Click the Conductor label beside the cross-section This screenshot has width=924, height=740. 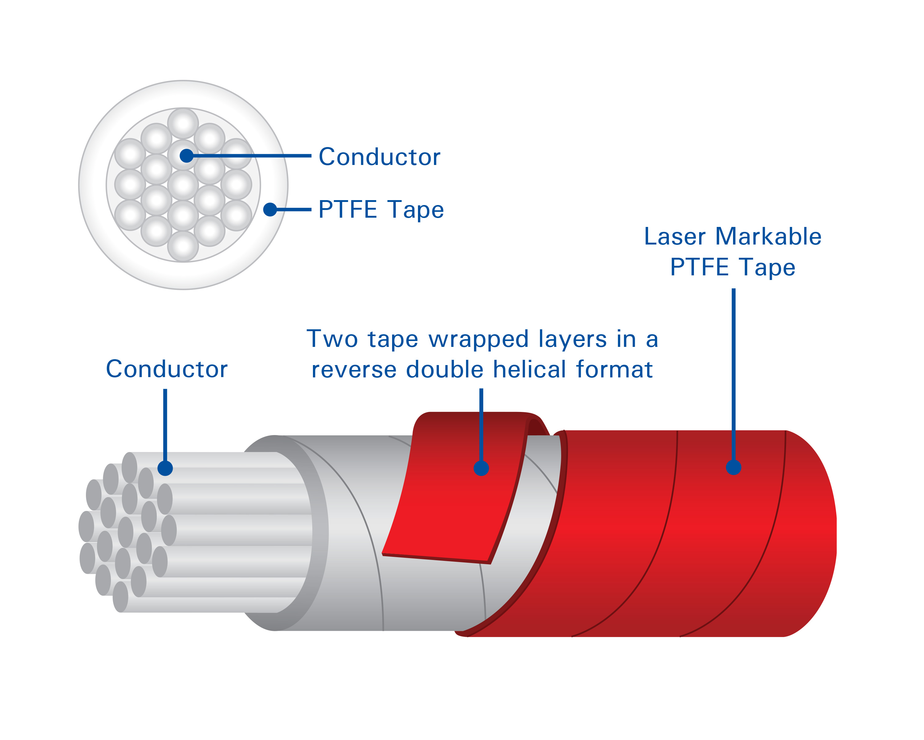379,157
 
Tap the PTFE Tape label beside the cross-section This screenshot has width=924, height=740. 381,210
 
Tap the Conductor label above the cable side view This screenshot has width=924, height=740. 167,369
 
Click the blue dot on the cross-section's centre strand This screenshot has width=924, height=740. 186,155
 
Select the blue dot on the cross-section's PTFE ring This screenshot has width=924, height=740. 270,209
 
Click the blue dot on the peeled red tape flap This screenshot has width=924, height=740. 481,468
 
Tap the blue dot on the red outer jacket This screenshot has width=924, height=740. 734,467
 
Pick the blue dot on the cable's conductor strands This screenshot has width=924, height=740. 165,468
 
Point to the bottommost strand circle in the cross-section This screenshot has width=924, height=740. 183,247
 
